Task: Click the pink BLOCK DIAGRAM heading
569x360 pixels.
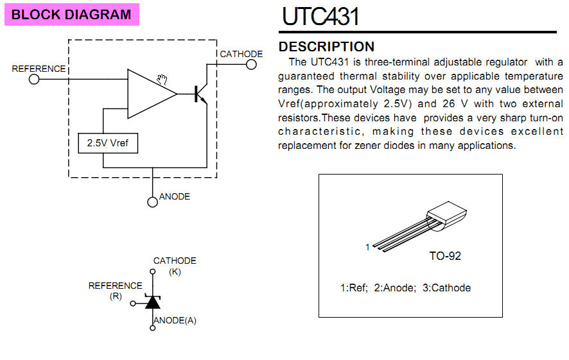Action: click(71, 15)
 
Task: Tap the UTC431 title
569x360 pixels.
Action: click(320, 16)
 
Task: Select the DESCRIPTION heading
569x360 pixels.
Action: click(326, 47)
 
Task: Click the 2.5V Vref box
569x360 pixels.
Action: click(108, 143)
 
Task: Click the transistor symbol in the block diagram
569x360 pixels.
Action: click(200, 94)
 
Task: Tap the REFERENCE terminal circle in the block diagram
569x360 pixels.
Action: click(34, 79)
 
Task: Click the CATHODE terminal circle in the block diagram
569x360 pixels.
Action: click(251, 65)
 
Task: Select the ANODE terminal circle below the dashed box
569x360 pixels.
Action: click(152, 202)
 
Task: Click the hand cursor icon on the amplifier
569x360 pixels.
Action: click(162, 80)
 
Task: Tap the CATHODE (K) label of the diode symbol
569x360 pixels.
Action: click(175, 266)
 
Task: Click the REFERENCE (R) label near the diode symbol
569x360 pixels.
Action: click(116, 291)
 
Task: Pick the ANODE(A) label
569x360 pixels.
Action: click(175, 320)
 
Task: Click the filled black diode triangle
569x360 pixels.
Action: click(153, 302)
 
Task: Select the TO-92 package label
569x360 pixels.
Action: click(445, 256)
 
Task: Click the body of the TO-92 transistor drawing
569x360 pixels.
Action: click(447, 216)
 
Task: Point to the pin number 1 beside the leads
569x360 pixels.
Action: click(367, 247)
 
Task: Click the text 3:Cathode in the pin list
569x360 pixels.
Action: click(447, 288)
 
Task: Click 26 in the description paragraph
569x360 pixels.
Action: click(448, 104)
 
